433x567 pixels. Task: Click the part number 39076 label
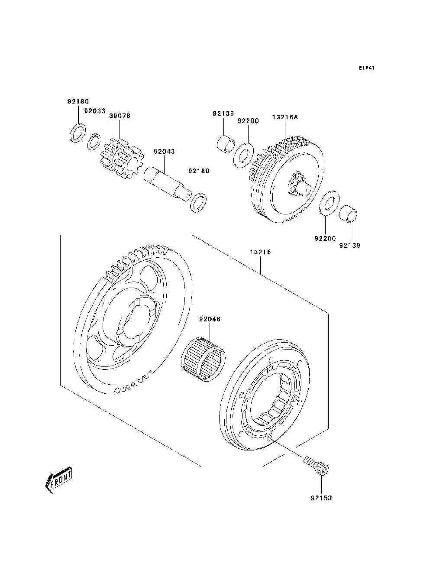click(120, 116)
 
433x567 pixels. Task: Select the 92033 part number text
click(95, 111)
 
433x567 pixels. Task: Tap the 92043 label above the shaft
click(164, 152)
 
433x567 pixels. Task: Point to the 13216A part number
click(285, 117)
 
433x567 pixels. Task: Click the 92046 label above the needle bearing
click(210, 319)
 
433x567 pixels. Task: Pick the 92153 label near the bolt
click(321, 498)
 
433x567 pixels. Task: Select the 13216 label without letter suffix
click(260, 252)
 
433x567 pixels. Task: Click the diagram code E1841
click(366, 68)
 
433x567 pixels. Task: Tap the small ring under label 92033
click(94, 142)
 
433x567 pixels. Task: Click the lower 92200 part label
click(325, 239)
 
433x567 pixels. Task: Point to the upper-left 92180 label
click(78, 102)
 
